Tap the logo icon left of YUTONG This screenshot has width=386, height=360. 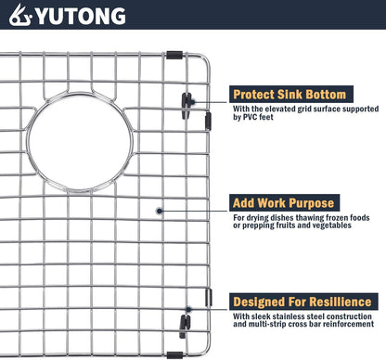[x=19, y=16]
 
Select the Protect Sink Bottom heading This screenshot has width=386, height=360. [x=289, y=94]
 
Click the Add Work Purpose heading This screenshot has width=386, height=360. [x=284, y=202]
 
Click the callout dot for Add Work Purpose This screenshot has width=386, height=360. [x=161, y=212]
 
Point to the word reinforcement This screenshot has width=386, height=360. [x=342, y=328]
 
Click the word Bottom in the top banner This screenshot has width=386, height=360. [x=324, y=94]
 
